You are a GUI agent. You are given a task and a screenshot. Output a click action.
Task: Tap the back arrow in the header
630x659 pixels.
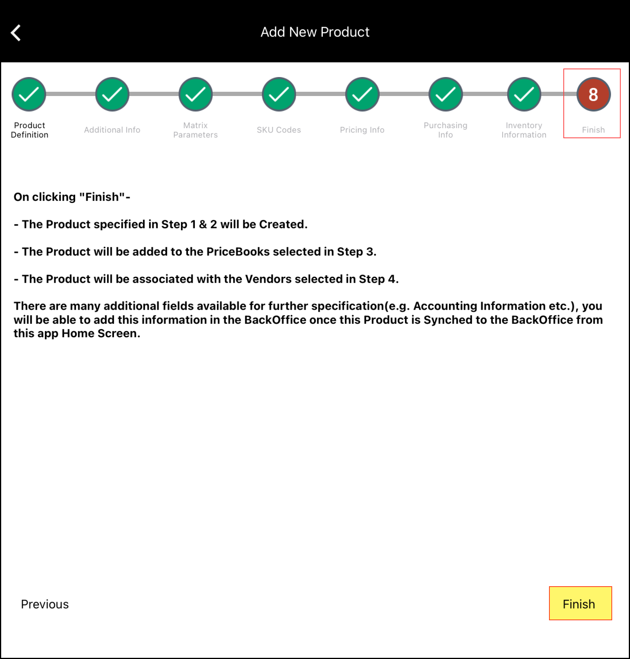(16, 33)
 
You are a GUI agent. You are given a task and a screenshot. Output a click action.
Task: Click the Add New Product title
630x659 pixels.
(315, 32)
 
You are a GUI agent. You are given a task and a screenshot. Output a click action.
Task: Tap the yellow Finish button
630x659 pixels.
(580, 603)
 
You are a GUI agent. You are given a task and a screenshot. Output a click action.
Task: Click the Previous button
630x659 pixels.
(45, 604)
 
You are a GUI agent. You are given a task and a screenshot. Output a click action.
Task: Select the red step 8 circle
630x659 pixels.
(593, 94)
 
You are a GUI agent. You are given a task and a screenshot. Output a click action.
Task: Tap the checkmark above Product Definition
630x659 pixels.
(29, 94)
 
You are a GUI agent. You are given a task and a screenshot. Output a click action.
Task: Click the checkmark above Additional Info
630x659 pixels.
(112, 94)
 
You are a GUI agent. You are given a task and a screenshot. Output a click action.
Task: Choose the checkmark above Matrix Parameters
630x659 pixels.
(196, 94)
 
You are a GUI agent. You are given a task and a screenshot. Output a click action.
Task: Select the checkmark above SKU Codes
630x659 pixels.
(279, 94)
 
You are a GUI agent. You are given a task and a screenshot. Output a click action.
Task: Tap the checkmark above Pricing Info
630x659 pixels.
(362, 94)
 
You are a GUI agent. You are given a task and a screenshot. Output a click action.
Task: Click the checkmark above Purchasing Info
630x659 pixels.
(446, 94)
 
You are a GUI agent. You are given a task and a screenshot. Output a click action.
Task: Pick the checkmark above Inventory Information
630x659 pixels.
(524, 94)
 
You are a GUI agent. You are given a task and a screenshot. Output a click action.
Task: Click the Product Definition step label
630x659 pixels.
(29, 130)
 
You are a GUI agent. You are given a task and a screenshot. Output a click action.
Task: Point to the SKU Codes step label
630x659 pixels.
(279, 130)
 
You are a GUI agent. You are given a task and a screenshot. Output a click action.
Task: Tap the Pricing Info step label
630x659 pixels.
(362, 130)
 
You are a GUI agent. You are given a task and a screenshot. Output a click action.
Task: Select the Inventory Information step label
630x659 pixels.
(524, 130)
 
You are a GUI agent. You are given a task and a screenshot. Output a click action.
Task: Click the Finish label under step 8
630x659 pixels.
(593, 130)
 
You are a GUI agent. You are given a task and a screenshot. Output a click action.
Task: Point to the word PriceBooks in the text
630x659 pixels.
(238, 252)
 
